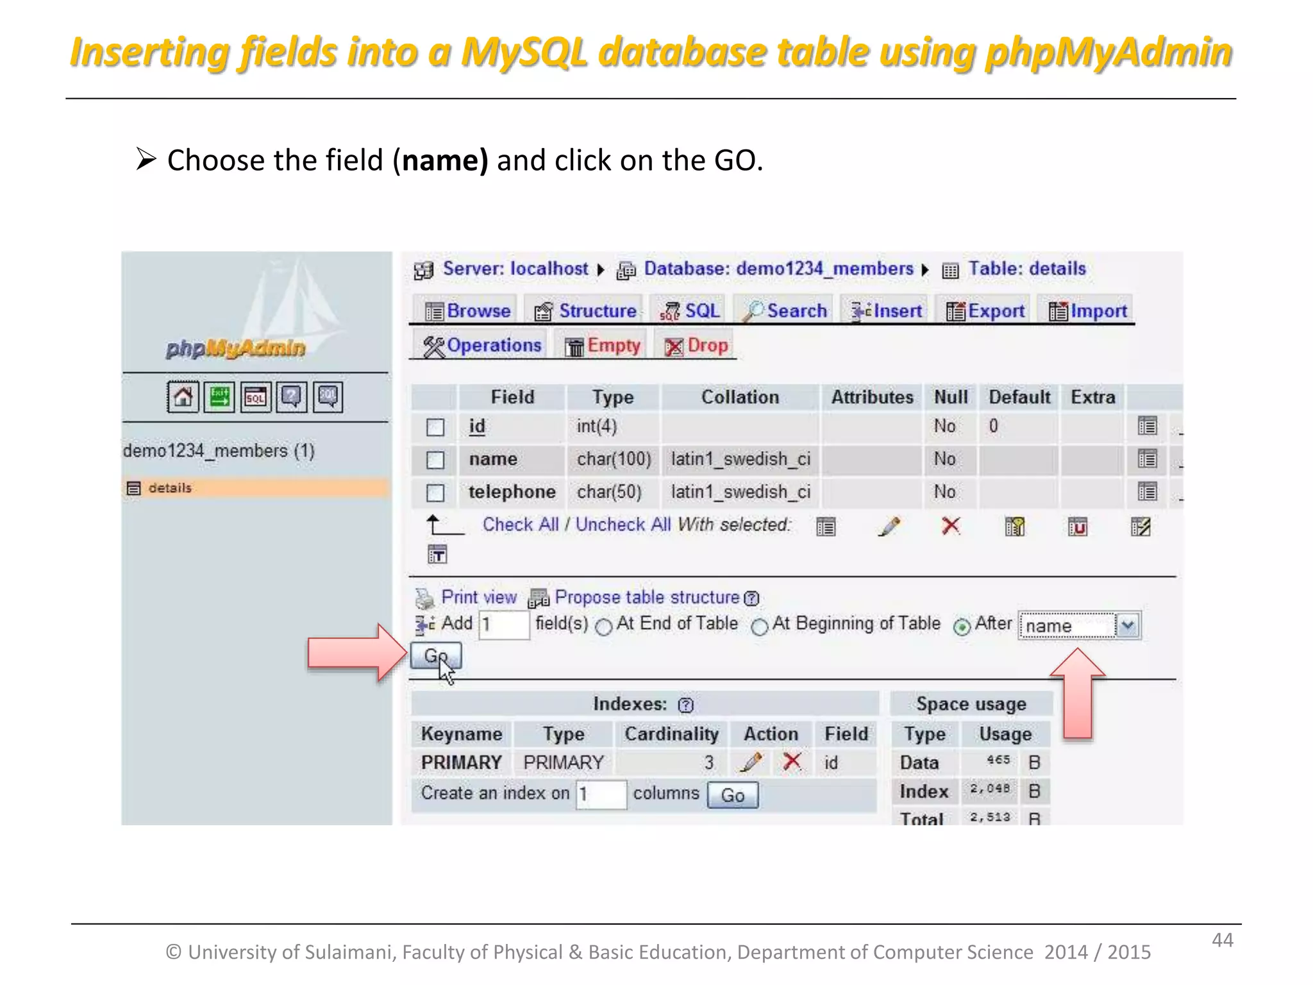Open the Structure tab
click(x=585, y=311)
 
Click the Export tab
click(x=985, y=311)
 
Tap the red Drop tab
click(x=697, y=346)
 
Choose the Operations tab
click(x=482, y=346)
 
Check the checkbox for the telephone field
click(x=435, y=492)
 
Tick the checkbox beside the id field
click(x=435, y=427)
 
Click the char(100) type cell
click(x=614, y=459)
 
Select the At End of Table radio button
click(x=604, y=627)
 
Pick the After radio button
click(x=962, y=627)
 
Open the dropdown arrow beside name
click(x=1128, y=625)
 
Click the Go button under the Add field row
click(x=435, y=656)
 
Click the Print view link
click(x=478, y=598)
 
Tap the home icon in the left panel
click(x=183, y=397)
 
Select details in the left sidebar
click(x=170, y=488)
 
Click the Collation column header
click(x=740, y=398)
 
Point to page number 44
click(x=1222, y=940)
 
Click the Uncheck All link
click(x=623, y=525)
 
